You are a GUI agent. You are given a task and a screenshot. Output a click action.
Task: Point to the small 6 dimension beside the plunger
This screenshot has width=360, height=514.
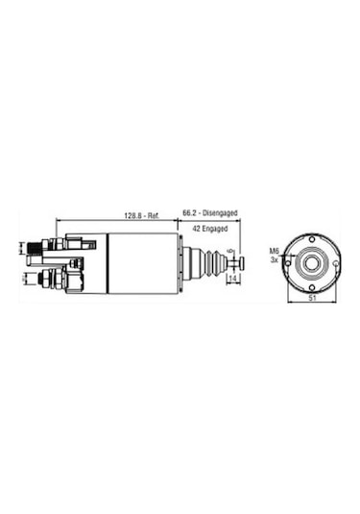229,256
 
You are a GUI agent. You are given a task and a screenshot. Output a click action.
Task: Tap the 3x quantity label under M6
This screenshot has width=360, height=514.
274,260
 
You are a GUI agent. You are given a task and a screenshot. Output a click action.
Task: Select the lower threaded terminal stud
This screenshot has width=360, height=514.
37,279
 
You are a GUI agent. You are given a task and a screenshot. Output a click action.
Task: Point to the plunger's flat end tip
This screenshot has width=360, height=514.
242,261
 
